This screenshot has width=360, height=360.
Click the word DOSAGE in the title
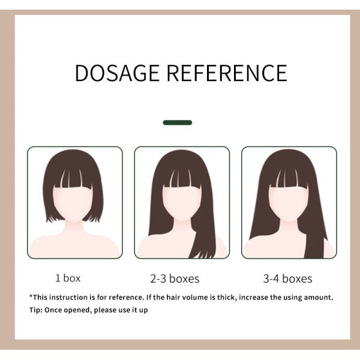(117, 73)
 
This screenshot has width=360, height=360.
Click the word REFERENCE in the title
(227, 73)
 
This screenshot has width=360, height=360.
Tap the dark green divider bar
(178, 122)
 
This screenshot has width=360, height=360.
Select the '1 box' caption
(68, 278)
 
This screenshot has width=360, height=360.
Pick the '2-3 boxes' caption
(175, 279)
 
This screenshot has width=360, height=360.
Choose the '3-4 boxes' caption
(287, 279)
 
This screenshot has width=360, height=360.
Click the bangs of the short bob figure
(73, 178)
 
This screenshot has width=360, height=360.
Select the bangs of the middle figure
(182, 178)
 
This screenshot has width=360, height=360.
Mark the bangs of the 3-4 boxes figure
(289, 178)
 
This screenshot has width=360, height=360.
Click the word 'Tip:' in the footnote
(36, 310)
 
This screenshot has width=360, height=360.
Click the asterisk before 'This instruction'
(31, 296)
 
